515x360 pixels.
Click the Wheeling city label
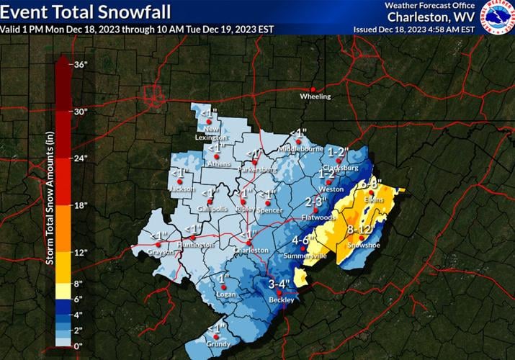pos(315,96)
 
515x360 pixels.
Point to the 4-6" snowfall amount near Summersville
pos(305,240)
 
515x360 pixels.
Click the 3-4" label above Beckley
pos(279,283)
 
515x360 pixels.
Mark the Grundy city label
pos(218,344)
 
